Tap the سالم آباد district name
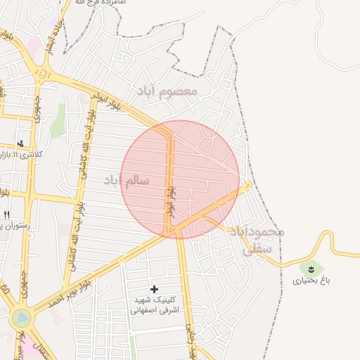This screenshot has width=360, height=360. [x=127, y=181]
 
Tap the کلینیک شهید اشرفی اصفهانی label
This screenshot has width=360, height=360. [x=155, y=304]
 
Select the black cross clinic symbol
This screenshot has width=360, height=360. [x=155, y=289]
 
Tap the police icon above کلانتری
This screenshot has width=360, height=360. [x=20, y=143]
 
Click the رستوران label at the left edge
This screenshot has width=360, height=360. [x=7, y=224]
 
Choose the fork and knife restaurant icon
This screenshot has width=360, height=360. [x=6, y=214]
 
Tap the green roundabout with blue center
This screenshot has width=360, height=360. [x=22, y=318]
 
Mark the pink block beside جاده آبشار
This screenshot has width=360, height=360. [x=33, y=47]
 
